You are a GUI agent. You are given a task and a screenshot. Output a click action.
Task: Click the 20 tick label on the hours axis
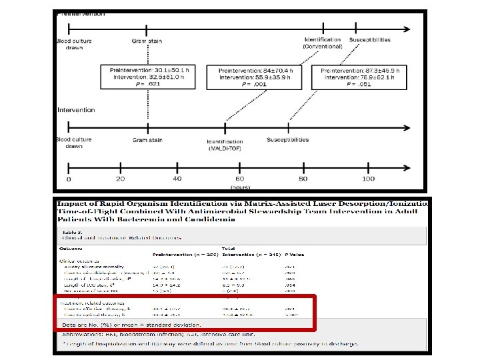[120, 179]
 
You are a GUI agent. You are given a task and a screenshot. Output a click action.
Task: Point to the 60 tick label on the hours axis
[239, 179]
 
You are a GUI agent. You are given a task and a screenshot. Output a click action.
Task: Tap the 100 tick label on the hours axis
[368, 179]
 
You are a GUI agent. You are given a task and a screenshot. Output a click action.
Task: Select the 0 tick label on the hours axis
[68, 179]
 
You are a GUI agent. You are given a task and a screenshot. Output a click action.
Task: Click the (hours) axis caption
[239, 188]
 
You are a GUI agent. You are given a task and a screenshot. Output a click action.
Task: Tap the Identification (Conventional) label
[323, 43]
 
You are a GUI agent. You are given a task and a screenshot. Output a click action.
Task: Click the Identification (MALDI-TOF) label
[225, 145]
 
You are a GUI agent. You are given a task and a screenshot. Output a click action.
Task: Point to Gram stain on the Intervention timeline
[147, 140]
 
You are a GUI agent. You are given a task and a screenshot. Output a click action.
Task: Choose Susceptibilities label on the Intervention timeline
[288, 140]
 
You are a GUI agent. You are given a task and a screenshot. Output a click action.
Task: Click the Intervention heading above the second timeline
[76, 110]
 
